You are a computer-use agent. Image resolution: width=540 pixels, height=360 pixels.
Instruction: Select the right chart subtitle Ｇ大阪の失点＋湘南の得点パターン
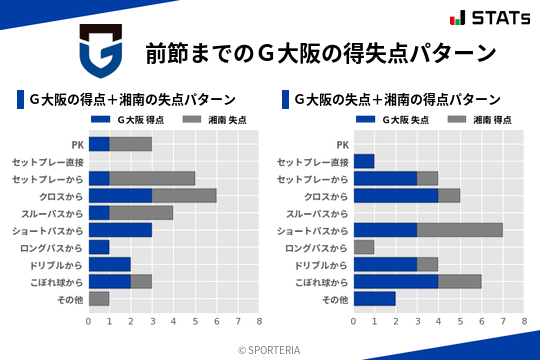point(397,99)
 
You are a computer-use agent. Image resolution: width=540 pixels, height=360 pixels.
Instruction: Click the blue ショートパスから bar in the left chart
point(120,230)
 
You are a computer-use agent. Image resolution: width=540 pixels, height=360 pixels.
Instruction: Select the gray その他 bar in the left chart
point(99,298)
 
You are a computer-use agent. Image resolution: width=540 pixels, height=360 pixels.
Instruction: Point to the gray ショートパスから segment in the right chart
point(460,230)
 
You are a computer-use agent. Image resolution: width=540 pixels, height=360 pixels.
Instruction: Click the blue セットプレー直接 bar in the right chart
point(364,161)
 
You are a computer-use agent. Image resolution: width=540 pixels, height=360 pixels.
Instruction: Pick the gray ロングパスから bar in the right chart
point(364,247)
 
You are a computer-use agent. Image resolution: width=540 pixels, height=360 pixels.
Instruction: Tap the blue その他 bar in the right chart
point(375,298)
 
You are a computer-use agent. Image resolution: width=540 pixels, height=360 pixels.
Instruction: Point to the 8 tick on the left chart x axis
point(259,321)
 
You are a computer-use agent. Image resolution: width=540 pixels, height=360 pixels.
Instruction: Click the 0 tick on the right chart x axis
point(354,321)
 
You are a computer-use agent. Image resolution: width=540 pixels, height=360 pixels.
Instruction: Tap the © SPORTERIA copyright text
point(270,349)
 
